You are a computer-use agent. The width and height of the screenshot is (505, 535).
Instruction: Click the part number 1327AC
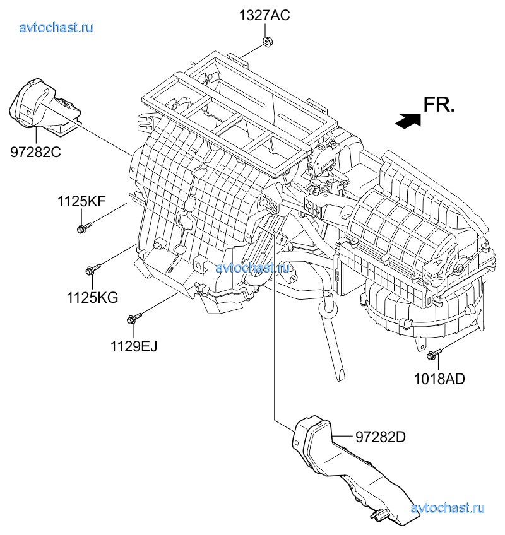point(264,16)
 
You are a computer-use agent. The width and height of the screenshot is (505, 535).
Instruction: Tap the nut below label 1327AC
point(268,42)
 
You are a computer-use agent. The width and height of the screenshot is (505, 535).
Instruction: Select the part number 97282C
point(35,152)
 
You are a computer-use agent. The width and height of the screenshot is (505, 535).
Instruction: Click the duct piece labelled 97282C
point(44,107)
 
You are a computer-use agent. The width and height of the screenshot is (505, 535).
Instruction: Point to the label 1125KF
point(81,202)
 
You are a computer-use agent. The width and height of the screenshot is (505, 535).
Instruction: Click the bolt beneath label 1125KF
point(85,228)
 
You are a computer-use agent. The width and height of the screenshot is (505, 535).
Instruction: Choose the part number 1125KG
point(92,298)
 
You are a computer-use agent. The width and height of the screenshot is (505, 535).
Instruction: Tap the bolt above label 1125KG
point(92,269)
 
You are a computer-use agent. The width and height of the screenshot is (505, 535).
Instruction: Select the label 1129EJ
point(133,346)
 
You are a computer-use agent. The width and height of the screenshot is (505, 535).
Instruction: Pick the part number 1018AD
point(439,379)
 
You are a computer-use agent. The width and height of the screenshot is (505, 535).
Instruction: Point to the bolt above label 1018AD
point(434,354)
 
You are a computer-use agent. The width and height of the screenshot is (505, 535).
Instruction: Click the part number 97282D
point(381,437)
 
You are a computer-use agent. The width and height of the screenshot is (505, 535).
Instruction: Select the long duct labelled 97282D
point(348,471)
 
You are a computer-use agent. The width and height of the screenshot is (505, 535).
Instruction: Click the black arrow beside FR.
point(408,121)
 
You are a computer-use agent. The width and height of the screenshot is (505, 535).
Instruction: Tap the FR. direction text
point(439,105)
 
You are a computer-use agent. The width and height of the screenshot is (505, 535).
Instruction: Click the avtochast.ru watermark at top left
point(56,27)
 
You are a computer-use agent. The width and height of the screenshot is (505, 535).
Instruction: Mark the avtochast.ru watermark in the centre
point(252,267)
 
